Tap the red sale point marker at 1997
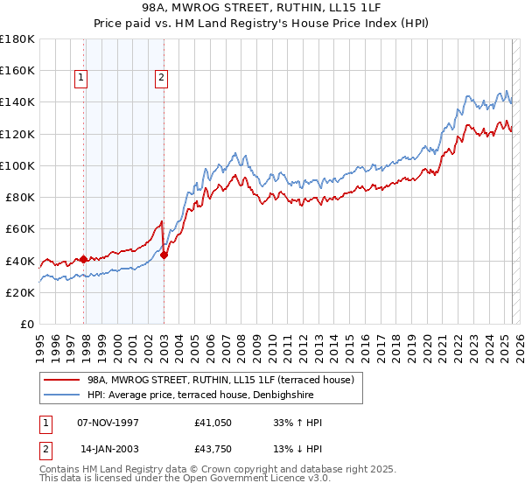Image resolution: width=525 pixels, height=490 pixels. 84,259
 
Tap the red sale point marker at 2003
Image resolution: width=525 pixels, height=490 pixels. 164,255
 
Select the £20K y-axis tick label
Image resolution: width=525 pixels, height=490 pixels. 20,293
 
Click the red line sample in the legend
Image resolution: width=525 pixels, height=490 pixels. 62,380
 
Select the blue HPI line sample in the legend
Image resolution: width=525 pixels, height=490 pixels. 62,395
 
